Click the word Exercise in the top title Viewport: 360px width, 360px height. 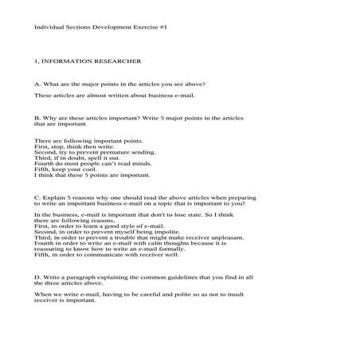coord(142,28)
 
